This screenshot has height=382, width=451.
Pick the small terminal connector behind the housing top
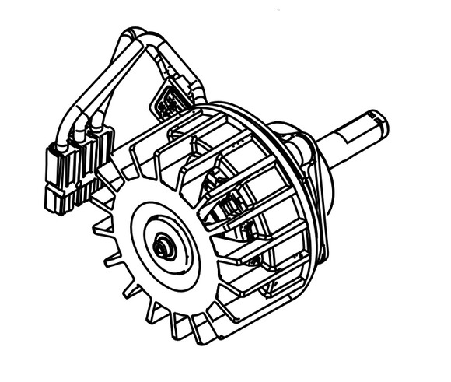166,99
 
